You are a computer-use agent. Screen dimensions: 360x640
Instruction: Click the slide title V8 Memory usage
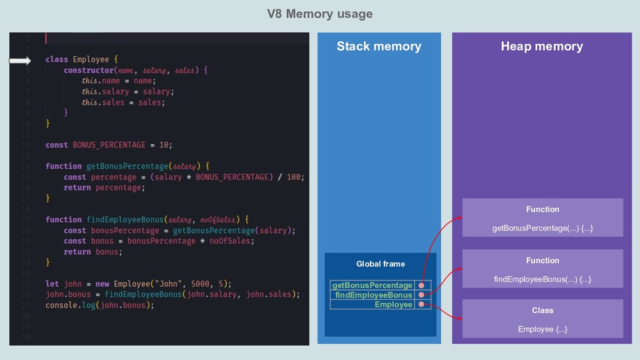[x=319, y=14]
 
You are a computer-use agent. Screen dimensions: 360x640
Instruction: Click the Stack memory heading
[x=379, y=46]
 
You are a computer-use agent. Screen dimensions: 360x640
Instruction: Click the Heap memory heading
[x=541, y=46]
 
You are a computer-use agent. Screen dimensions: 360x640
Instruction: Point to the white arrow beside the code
[x=20, y=61]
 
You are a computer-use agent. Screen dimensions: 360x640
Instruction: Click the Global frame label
[x=380, y=264]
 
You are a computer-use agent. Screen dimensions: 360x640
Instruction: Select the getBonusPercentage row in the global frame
[x=372, y=285]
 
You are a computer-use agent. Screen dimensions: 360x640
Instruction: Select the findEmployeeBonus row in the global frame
[x=374, y=295]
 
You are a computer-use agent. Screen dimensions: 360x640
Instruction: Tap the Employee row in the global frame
[x=393, y=304]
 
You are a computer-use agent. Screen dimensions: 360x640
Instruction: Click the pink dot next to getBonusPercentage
[x=422, y=285]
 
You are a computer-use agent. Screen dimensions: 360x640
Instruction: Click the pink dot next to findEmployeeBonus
[x=422, y=295]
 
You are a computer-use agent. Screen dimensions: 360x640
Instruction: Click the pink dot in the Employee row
[x=422, y=304]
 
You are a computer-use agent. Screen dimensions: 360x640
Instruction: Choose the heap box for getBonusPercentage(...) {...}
[x=542, y=217]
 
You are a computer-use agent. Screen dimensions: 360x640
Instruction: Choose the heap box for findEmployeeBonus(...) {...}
[x=542, y=269]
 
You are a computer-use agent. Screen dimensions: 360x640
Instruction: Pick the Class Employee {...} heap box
[x=542, y=319]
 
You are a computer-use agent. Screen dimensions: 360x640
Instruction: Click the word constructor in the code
[x=89, y=70]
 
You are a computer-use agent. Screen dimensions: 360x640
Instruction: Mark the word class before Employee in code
[x=57, y=59]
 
